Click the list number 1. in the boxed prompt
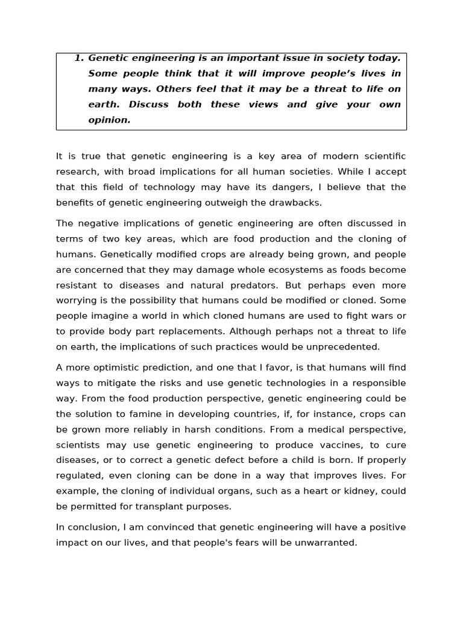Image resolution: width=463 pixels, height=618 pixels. pyautogui.click(x=80, y=58)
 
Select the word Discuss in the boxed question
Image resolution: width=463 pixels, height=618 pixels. pyautogui.click(x=148, y=104)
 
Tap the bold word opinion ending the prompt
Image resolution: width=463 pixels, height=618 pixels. pyautogui.click(x=109, y=120)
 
